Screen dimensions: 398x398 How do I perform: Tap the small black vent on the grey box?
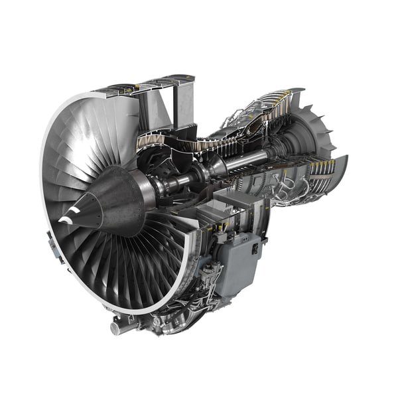coord(255,249)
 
